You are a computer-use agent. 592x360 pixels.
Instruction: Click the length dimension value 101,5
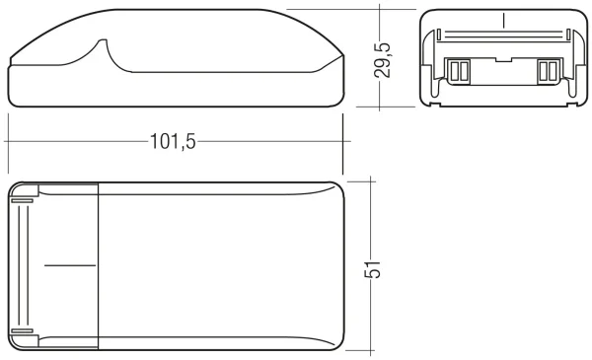[x=173, y=140]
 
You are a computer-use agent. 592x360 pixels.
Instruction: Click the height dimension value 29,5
[x=387, y=59]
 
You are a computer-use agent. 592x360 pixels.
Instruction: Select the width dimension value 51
[x=374, y=268]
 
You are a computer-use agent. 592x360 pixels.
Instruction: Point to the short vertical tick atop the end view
[x=502, y=20]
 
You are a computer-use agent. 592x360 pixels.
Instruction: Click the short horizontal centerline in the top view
[x=71, y=265]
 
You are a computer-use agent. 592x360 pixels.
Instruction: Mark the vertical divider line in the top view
[x=99, y=265]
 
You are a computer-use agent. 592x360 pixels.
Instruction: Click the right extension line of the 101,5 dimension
[x=342, y=128]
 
